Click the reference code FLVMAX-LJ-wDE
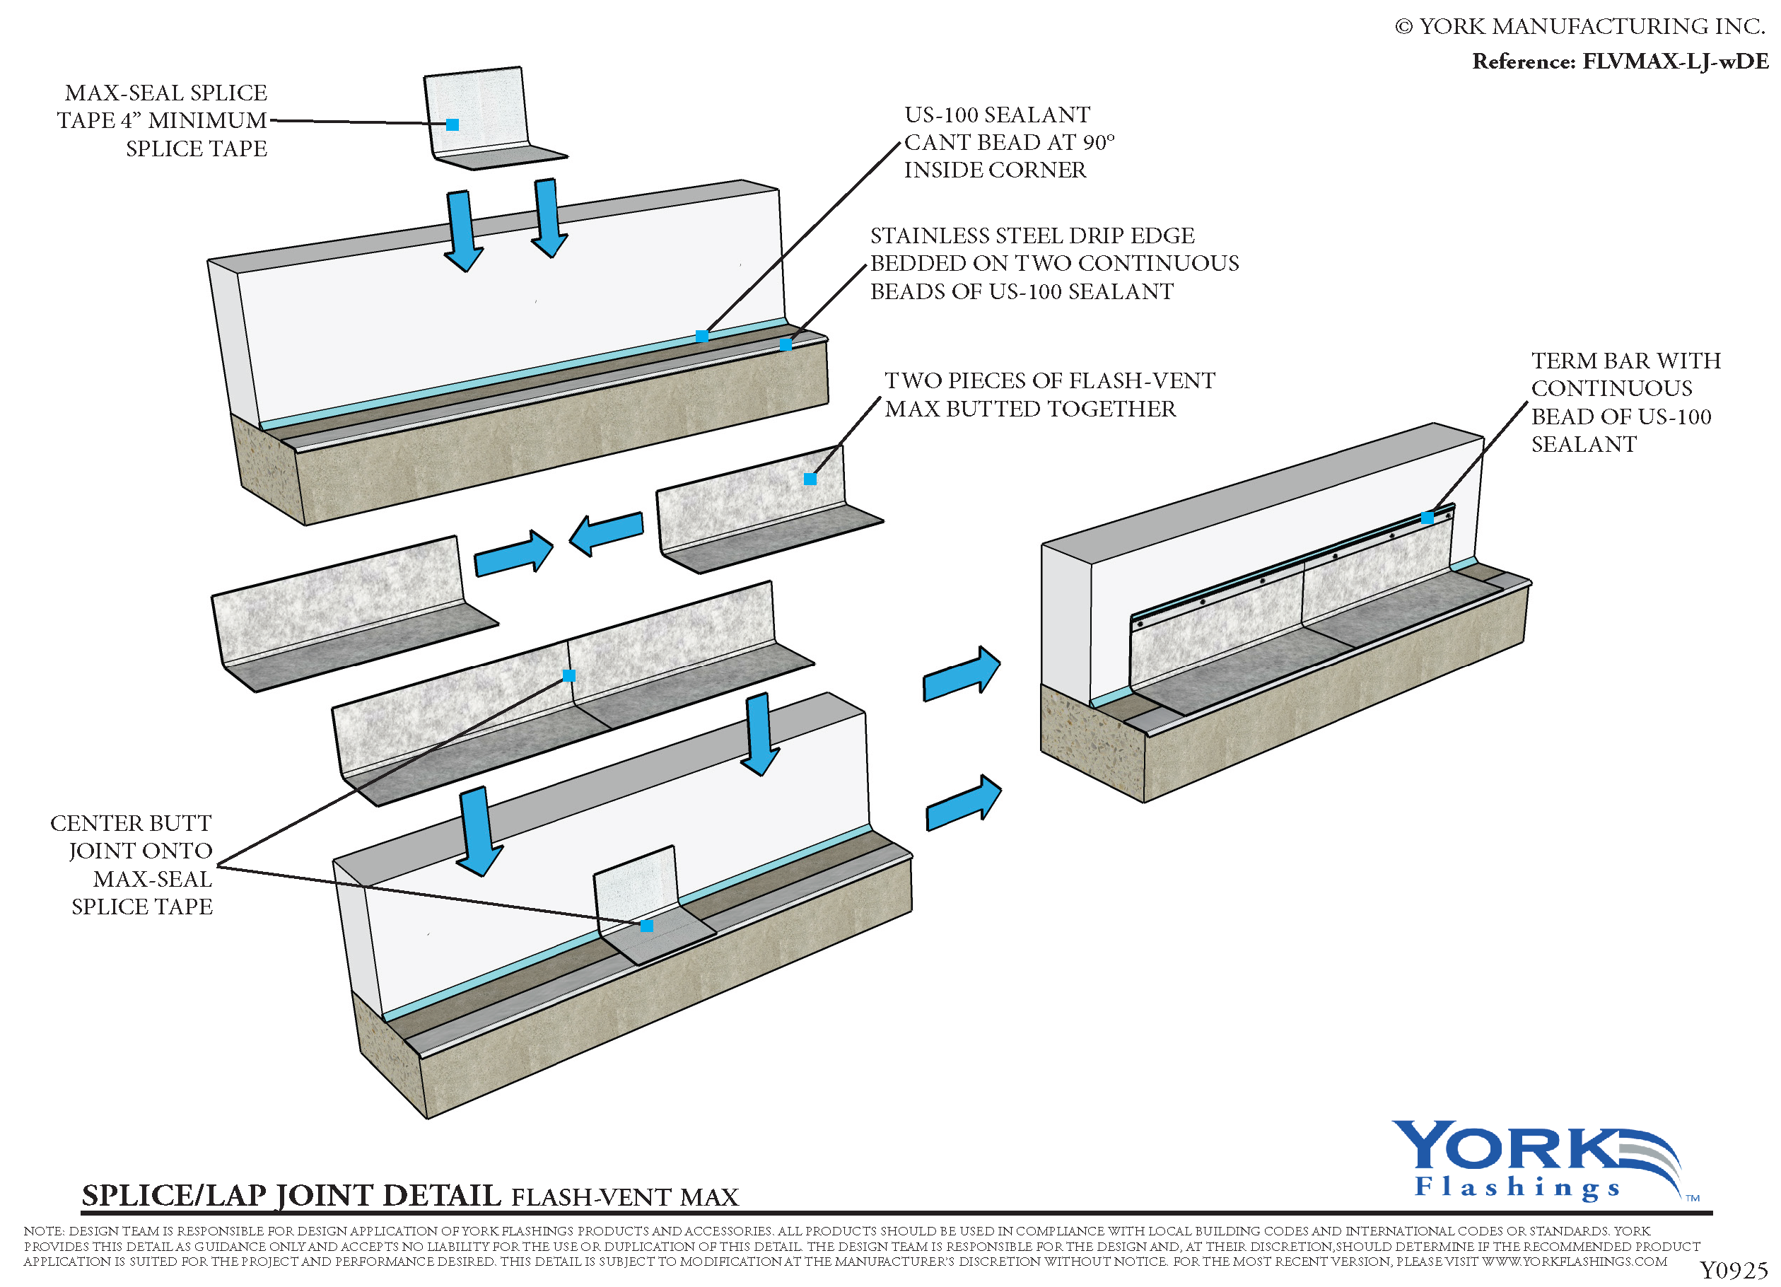point(1674,62)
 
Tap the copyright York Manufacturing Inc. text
point(1580,27)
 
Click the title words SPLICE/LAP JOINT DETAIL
point(291,1195)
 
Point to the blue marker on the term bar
point(1427,518)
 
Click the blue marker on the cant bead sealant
point(702,336)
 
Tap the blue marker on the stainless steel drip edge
point(786,344)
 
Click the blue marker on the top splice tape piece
point(452,124)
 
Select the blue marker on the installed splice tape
point(646,926)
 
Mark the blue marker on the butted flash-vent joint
point(569,675)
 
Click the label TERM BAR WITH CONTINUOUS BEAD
point(1625,402)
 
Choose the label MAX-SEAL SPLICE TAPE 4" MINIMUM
point(163,120)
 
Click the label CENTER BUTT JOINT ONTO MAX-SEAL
point(132,865)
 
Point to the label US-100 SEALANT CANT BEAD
point(1008,142)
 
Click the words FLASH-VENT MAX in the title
point(625,1197)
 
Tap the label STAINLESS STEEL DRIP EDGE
point(1054,263)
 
